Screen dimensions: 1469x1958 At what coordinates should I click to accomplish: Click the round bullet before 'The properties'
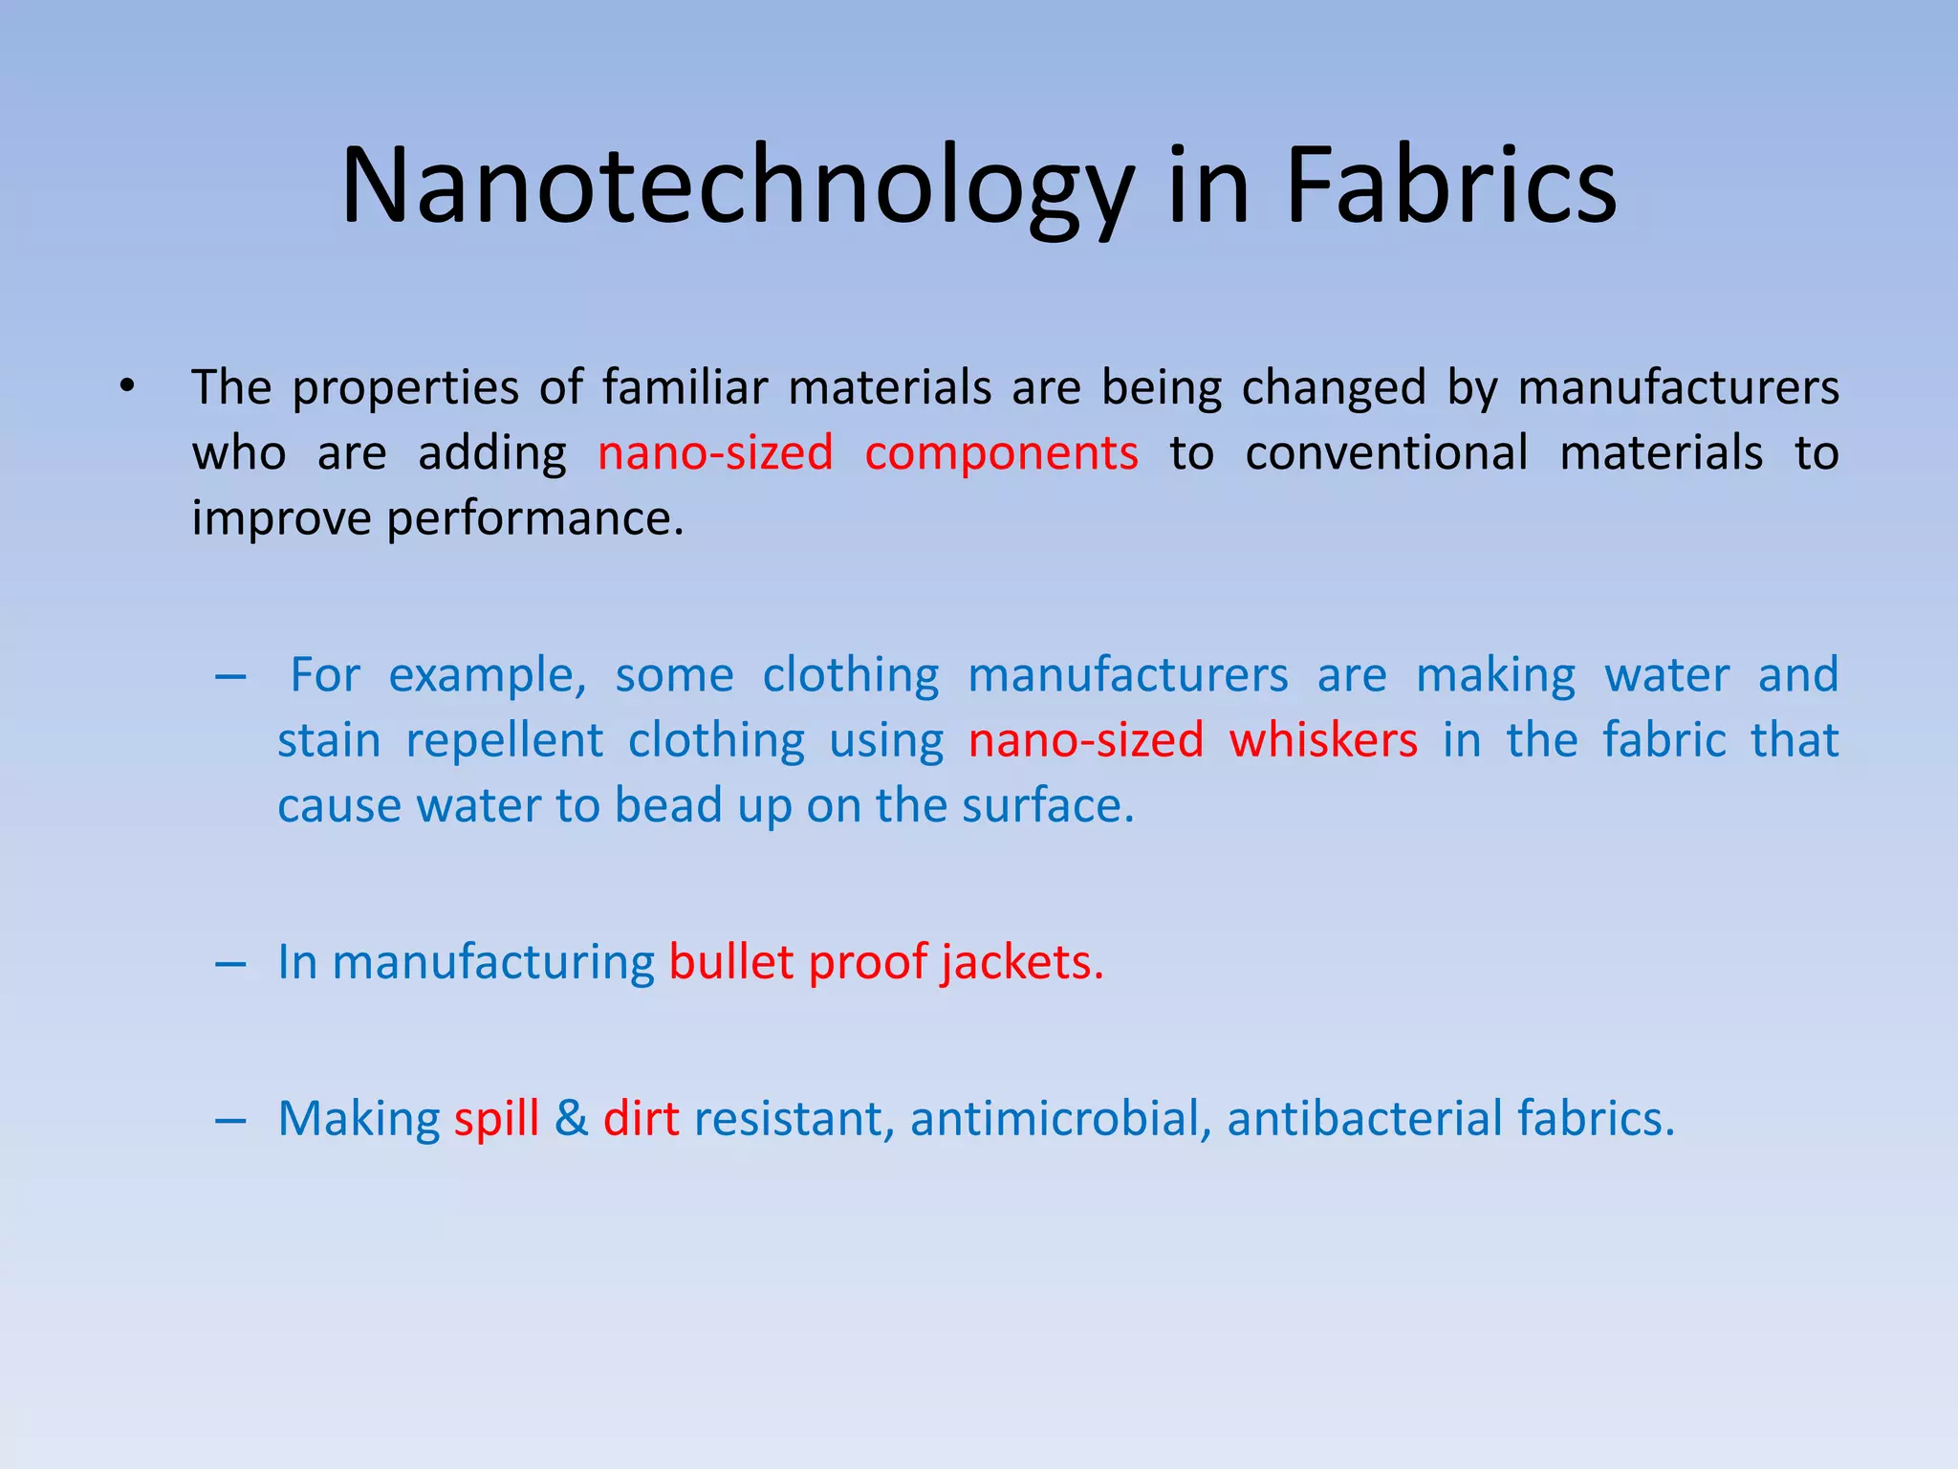127,387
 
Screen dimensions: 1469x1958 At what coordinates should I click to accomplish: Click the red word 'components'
1001,454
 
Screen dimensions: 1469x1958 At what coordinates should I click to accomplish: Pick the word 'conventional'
1386,453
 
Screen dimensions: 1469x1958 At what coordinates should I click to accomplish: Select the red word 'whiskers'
1323,741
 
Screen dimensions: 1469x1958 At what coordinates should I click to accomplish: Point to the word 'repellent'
504,741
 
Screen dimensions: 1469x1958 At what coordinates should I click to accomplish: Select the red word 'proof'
867,963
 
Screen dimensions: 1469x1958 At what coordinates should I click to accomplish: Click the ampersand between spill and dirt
571,1118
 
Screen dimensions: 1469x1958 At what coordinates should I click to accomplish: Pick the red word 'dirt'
641,1118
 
